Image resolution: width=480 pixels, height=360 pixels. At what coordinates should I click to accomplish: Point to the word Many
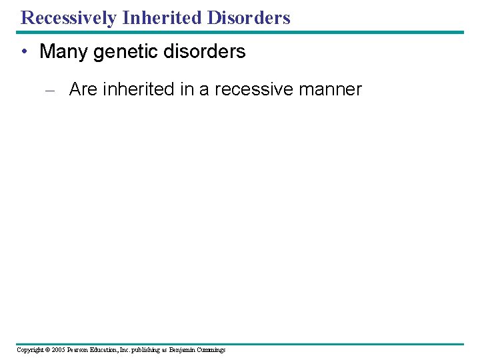pos(64,51)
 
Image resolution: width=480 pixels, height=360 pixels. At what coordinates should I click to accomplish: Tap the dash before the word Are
pos(55,90)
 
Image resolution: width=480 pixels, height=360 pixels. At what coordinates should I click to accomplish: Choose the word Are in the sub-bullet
pos(83,89)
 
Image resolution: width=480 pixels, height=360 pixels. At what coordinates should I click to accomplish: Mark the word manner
pos(333,89)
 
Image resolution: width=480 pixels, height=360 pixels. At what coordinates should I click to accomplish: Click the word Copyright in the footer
pos(29,349)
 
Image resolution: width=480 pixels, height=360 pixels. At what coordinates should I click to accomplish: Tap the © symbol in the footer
pos(47,349)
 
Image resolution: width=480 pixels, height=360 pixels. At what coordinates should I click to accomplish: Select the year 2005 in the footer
pos(58,349)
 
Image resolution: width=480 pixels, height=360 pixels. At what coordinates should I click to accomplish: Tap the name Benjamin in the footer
pos(183,349)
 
